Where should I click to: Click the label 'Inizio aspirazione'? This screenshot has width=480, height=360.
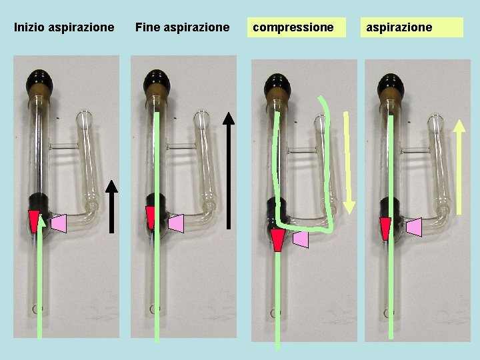[x=64, y=27]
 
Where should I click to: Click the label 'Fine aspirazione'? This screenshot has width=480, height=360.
[x=182, y=27]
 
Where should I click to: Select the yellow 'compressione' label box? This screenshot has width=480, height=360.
[x=297, y=27]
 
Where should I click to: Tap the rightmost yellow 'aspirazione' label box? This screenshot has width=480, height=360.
[x=413, y=27]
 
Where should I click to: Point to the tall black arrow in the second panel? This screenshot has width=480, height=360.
[x=229, y=170]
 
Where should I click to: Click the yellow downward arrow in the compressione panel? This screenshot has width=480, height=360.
[x=348, y=163]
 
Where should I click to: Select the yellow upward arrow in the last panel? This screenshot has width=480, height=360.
[x=459, y=166]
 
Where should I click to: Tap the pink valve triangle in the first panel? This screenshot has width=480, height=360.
[x=59, y=223]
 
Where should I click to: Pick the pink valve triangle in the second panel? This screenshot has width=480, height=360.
[x=176, y=223]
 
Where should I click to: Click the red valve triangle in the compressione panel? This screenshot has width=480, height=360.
[x=277, y=239]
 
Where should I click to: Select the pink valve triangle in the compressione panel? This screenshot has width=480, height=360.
[x=301, y=239]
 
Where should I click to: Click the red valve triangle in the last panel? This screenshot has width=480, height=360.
[x=385, y=227]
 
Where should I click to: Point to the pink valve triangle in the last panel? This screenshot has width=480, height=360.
[x=414, y=227]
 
